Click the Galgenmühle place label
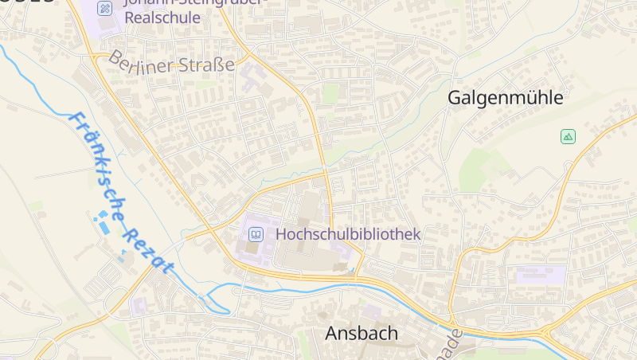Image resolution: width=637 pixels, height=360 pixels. [x=505, y=98]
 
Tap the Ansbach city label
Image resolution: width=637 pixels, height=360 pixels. [x=361, y=333]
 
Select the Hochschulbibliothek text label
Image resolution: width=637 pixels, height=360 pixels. [x=347, y=234]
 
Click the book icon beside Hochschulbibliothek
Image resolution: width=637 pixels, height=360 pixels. [x=256, y=234]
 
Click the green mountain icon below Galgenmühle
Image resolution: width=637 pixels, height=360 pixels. [x=568, y=136]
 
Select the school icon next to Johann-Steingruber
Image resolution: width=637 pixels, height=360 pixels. [x=105, y=8]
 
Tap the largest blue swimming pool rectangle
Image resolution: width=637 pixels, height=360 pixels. [x=104, y=227]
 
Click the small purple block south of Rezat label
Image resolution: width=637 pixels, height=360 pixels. [x=139, y=306]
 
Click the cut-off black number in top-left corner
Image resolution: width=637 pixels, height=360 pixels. [x=28, y=2]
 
